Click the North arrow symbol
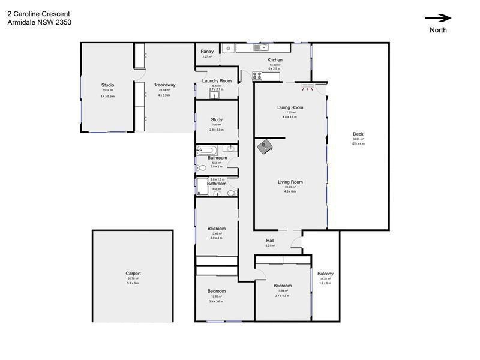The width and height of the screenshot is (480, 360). (x=437, y=18)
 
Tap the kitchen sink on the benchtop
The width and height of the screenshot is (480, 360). (x=260, y=47)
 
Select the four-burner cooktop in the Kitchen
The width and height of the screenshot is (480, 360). (x=258, y=76)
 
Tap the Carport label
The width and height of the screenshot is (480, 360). (x=133, y=274)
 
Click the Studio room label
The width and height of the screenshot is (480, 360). (x=107, y=85)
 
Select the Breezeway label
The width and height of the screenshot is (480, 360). (x=164, y=85)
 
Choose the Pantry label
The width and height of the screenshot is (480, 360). (x=207, y=52)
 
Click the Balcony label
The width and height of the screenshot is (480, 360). (x=325, y=274)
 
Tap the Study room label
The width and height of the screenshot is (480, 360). (x=217, y=119)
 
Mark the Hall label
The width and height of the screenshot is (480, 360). (x=270, y=240)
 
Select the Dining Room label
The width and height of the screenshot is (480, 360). (x=290, y=107)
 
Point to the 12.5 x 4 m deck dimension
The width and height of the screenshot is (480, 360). (x=358, y=144)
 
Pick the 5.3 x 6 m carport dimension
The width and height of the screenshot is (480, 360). (x=133, y=283)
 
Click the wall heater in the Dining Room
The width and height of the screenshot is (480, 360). (x=308, y=86)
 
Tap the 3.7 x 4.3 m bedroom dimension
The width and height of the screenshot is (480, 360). (x=283, y=296)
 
